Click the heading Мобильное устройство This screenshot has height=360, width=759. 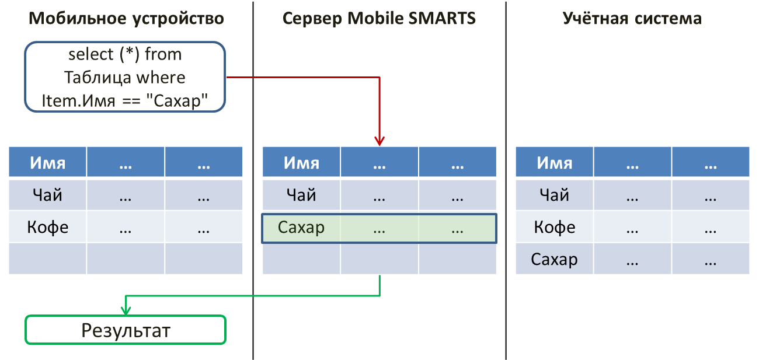[126, 19]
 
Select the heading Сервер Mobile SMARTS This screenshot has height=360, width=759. [379, 18]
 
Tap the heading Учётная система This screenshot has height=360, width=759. [632, 18]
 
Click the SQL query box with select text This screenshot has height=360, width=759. [125, 77]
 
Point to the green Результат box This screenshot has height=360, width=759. [126, 330]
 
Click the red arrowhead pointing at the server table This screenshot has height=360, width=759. [379, 141]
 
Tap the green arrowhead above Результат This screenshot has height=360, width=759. [126, 310]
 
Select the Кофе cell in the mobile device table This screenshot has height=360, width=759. [47, 227]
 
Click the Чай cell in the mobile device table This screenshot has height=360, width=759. [47, 195]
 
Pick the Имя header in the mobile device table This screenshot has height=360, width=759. [47, 162]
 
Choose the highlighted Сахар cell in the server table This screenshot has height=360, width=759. [301, 227]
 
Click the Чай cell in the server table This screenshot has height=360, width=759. [301, 195]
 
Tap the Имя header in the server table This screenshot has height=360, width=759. [301, 162]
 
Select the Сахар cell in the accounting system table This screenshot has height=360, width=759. [554, 259]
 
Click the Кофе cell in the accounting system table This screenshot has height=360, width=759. [554, 227]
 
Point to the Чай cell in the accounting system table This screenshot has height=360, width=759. [554, 195]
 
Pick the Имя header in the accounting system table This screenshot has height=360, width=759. [554, 162]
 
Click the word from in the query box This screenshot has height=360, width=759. [163, 54]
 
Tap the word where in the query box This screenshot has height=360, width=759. [161, 78]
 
